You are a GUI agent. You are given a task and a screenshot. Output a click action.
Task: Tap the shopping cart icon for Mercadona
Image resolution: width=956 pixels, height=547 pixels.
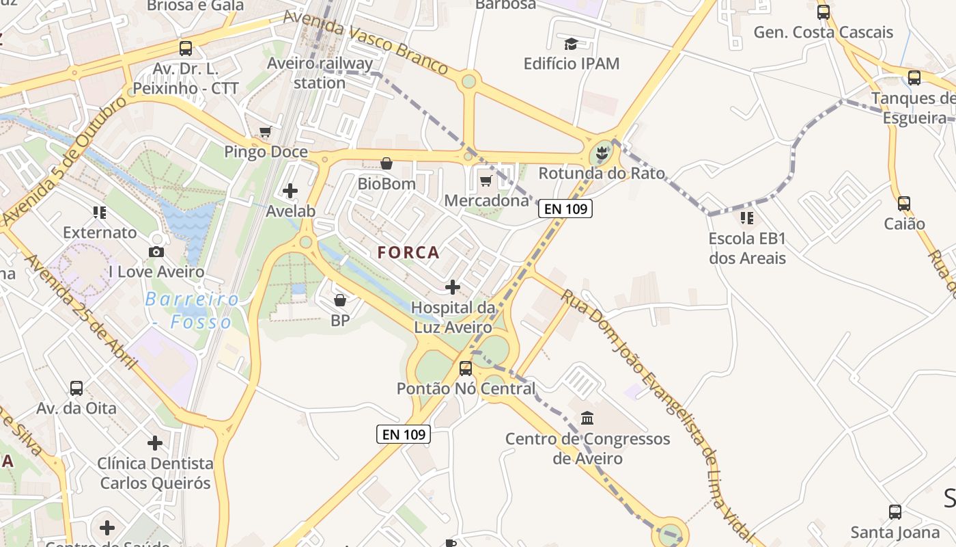tap(486, 181)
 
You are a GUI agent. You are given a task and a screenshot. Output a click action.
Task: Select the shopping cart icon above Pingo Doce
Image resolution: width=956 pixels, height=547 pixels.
tap(265, 131)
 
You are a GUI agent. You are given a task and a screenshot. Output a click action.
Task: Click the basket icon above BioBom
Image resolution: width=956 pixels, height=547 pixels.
tap(386, 163)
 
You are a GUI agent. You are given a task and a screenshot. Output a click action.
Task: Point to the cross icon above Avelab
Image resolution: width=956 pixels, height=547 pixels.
tap(290, 191)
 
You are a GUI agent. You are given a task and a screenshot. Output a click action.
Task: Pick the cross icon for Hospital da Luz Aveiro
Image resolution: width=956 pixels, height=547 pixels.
tap(453, 287)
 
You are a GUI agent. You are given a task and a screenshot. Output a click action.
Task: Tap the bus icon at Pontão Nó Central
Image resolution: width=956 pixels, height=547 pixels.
tap(466, 369)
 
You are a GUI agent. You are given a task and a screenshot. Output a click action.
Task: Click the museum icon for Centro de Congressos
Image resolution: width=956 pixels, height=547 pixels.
tap(587, 417)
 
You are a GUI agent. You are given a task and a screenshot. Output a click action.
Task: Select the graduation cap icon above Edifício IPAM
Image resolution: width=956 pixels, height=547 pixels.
tap(571, 44)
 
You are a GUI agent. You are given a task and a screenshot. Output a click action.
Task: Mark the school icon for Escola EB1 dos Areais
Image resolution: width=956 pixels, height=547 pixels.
tap(746, 218)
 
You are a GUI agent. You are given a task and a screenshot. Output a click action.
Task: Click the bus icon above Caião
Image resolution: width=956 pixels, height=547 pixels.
tap(904, 203)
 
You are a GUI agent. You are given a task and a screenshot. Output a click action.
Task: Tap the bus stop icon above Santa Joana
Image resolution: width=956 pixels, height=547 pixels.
tap(895, 511)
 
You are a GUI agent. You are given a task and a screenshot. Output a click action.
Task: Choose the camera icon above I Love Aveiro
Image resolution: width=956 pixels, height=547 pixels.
tap(156, 252)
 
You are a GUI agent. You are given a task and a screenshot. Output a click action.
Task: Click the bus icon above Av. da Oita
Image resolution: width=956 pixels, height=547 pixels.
tap(76, 388)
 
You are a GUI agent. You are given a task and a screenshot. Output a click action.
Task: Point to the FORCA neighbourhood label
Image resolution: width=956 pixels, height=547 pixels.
tap(409, 253)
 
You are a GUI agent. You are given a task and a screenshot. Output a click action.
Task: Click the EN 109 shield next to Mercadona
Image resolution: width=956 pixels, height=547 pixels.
tap(565, 209)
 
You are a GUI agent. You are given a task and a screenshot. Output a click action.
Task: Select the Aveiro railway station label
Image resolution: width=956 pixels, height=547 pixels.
tap(320, 73)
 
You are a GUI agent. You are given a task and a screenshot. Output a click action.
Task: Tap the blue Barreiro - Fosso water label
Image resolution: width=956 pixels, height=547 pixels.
tap(192, 310)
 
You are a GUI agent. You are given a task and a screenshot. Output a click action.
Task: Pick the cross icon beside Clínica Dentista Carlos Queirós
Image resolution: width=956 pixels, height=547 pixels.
tap(155, 443)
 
